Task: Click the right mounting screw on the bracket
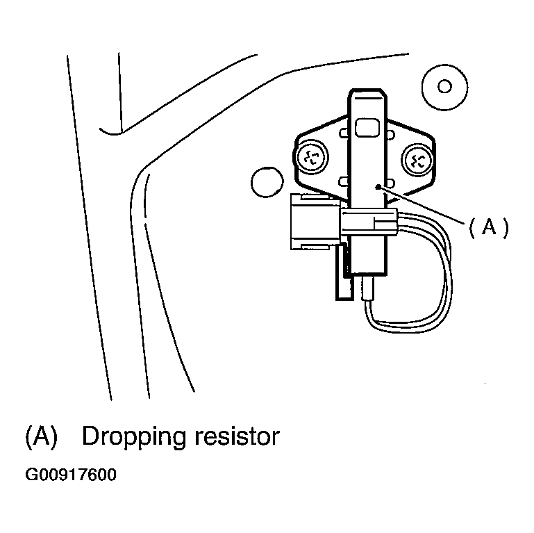pos(419,161)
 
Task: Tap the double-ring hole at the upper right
pos(445,86)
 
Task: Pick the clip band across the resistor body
pos(368,223)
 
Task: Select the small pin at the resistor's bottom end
pos(368,286)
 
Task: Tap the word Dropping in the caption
pos(132,436)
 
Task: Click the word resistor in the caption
pos(236,436)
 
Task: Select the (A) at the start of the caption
pos(40,436)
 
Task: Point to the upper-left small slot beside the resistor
pos(344,133)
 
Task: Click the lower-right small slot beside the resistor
pos(391,183)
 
